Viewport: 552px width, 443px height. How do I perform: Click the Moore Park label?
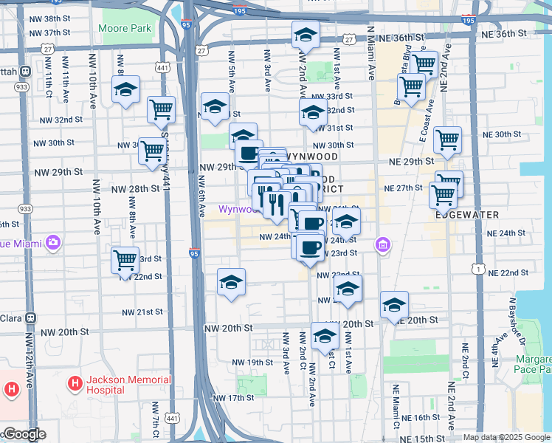[124, 28]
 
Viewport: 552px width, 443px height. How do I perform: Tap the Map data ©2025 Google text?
[506, 437]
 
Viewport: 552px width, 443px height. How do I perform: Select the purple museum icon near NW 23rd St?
[382, 244]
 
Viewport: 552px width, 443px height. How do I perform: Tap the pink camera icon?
[52, 241]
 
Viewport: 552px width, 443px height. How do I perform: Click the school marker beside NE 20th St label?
[394, 304]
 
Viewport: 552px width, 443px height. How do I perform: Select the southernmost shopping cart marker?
[125, 260]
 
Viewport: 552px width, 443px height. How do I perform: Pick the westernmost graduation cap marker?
[126, 90]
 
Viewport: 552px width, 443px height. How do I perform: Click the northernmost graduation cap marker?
[306, 34]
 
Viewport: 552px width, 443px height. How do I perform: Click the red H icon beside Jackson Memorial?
[75, 384]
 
